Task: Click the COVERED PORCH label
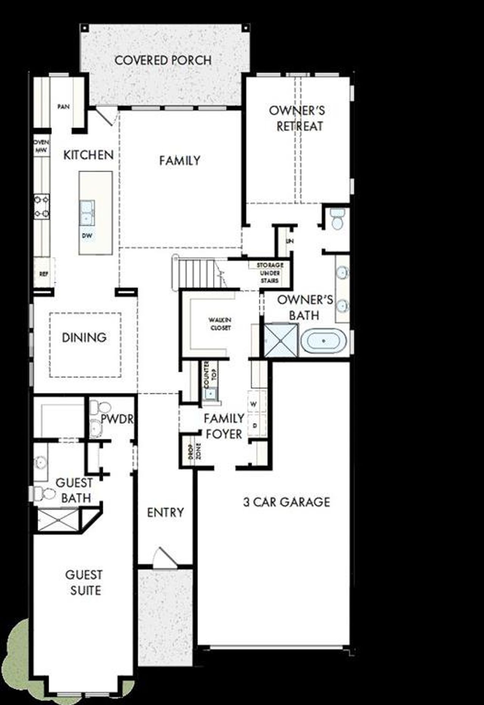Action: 163,60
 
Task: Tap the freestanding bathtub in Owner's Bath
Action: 324,341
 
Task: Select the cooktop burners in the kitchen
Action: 42,206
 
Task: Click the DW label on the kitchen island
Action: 87,236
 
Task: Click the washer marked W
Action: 254,404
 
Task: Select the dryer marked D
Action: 255,425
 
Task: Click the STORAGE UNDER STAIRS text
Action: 270,273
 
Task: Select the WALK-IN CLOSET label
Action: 220,324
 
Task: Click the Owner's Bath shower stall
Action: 281,340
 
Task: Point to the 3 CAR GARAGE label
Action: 287,502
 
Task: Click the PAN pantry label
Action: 64,107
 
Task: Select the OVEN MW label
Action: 41,146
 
